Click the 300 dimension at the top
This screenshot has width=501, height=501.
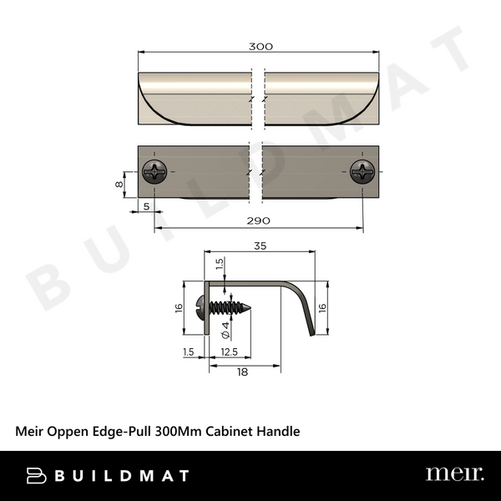coord(261,46)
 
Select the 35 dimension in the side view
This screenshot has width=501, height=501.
coord(261,246)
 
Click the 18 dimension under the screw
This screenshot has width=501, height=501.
coord(241,372)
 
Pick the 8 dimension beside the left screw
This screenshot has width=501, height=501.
coord(119,185)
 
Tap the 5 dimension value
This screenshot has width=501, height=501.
coord(147,205)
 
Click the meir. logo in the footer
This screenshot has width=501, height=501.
coord(454,474)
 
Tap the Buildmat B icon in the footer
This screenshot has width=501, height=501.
coord(36,475)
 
